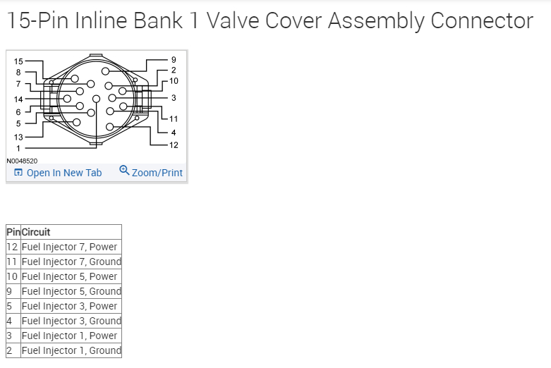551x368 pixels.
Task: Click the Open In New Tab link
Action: click(x=63, y=173)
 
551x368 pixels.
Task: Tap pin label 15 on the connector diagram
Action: click(x=18, y=62)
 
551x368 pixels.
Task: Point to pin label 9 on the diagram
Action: click(x=174, y=60)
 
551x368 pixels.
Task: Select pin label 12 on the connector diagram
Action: click(x=174, y=145)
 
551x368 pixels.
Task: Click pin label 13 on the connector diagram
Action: click(x=18, y=137)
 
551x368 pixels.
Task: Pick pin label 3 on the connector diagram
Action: click(x=174, y=97)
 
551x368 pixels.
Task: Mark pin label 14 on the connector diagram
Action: click(x=18, y=99)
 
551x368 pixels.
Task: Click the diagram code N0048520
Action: click(x=22, y=161)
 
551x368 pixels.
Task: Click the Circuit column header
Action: click(x=36, y=232)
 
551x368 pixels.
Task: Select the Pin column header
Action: click(x=13, y=232)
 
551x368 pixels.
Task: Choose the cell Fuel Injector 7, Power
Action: click(x=70, y=247)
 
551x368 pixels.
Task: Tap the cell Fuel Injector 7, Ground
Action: click(x=71, y=262)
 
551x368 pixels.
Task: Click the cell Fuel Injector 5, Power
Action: click(x=70, y=276)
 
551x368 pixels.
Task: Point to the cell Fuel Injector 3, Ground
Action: click(x=71, y=321)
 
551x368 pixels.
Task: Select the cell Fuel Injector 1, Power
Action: click(x=70, y=336)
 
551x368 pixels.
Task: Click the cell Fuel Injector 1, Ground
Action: click(x=71, y=350)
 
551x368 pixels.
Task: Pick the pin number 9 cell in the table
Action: click(x=9, y=291)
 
